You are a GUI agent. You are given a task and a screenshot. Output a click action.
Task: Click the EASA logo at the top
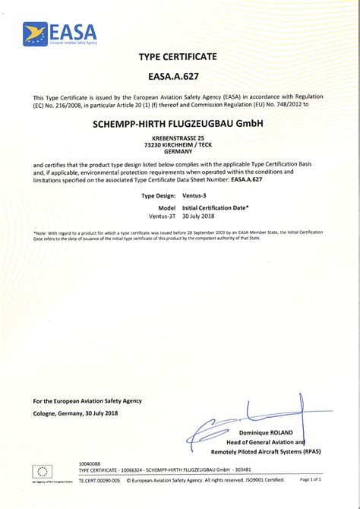click(x=61, y=33)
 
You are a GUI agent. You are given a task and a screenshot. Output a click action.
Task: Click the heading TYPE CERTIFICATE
click(x=178, y=57)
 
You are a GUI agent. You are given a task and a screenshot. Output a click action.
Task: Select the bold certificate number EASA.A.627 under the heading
click(x=178, y=77)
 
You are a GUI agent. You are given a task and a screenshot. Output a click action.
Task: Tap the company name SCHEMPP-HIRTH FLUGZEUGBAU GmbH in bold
click(x=178, y=123)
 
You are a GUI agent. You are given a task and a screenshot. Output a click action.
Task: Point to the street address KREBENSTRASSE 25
click(x=178, y=138)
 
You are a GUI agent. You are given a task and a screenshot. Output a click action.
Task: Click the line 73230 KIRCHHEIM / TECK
click(x=178, y=144)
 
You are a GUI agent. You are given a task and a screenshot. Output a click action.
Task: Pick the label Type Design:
click(x=159, y=195)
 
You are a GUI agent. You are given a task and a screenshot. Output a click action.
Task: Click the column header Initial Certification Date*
click(x=216, y=207)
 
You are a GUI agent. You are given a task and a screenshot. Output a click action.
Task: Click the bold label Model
click(x=167, y=207)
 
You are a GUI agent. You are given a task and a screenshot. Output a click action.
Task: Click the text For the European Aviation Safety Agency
click(x=87, y=400)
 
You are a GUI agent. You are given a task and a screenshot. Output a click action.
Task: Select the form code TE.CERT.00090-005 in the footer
click(x=99, y=480)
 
